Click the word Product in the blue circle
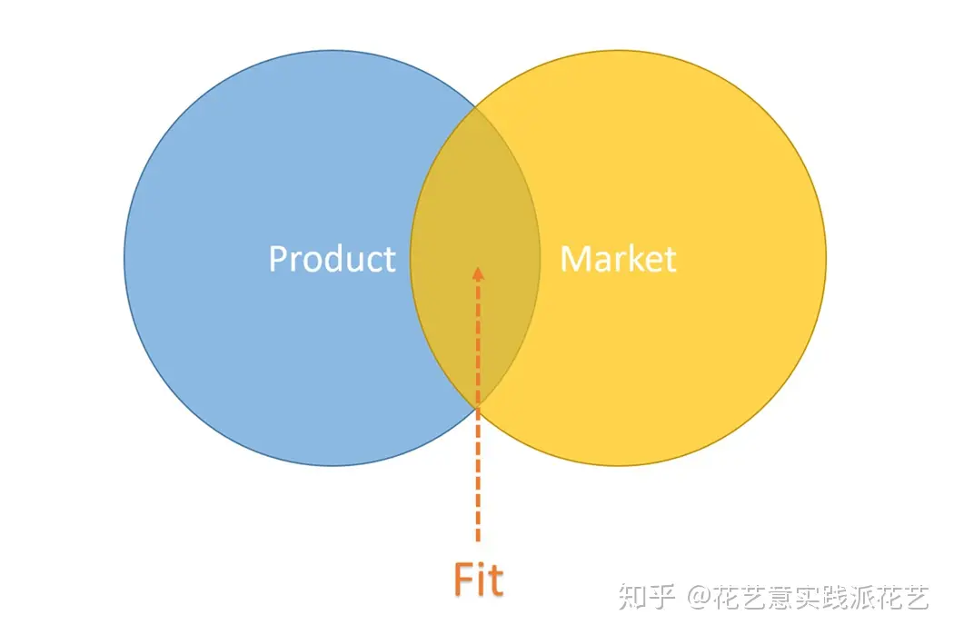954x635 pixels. click(333, 259)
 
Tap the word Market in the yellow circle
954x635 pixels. click(618, 259)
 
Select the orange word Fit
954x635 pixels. click(479, 579)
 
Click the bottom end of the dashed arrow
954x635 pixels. click(478, 541)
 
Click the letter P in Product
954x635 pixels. click(278, 259)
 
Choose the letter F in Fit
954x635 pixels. click(463, 580)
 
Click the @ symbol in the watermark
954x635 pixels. click(700, 597)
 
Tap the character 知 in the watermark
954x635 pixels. click(631, 597)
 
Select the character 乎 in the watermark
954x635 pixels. click(661, 597)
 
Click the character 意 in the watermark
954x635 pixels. click(781, 597)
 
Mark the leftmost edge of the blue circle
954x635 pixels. click(124, 258)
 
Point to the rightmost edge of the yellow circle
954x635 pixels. click(826, 258)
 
